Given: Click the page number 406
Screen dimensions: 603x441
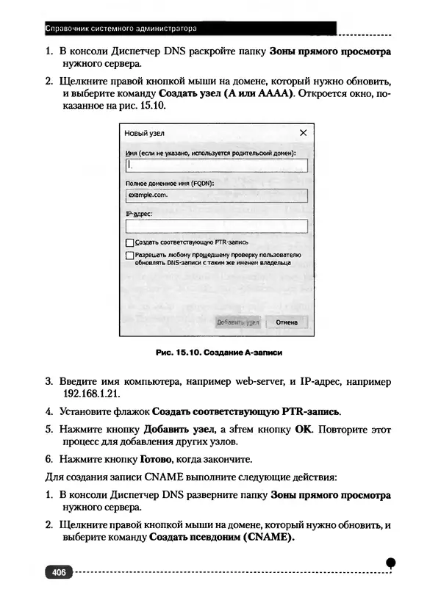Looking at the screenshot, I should [59, 572].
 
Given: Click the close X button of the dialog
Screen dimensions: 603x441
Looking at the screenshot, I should [302, 133].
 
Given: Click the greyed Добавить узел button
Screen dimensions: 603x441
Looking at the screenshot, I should [237, 322].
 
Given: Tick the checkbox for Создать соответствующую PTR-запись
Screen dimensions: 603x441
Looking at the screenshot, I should [130, 241].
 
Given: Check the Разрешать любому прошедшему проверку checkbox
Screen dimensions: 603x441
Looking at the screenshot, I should [130, 255].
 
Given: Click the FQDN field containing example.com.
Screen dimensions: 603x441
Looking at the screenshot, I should [216, 196].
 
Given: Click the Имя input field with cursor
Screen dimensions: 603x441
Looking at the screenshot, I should [216, 165].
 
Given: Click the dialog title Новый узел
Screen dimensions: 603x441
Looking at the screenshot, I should [144, 134].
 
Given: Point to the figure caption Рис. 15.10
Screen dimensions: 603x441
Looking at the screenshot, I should [220, 353].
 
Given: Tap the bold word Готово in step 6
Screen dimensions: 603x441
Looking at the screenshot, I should [157, 461].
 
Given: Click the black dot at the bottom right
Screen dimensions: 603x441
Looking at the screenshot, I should [390, 563].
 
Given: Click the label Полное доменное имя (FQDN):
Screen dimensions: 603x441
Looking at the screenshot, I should [170, 184].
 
